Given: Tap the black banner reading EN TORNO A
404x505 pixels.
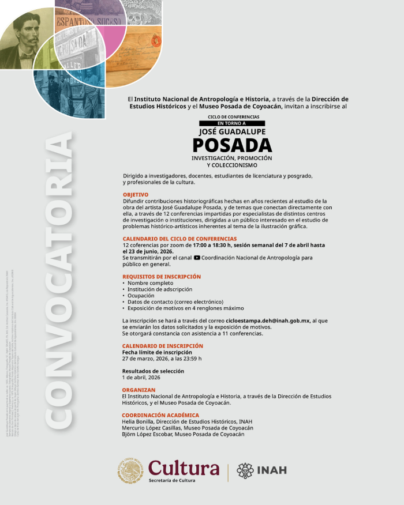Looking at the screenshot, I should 231,123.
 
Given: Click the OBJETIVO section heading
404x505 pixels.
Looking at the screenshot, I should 136,195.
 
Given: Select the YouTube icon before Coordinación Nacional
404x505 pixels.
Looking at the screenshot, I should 197,258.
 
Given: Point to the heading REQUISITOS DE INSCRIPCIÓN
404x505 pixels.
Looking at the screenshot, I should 162,277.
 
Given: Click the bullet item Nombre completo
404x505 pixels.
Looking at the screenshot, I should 151,283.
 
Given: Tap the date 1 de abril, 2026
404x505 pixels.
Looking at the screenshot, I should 141,377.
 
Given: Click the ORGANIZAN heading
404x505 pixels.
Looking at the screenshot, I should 139,390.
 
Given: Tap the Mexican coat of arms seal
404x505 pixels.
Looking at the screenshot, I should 131,470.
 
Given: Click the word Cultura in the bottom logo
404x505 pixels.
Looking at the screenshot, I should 184,468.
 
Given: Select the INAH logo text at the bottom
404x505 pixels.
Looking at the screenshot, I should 271,470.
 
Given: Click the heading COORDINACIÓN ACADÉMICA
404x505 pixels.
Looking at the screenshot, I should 160,415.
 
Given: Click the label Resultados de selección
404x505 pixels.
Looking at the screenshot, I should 153,371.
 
